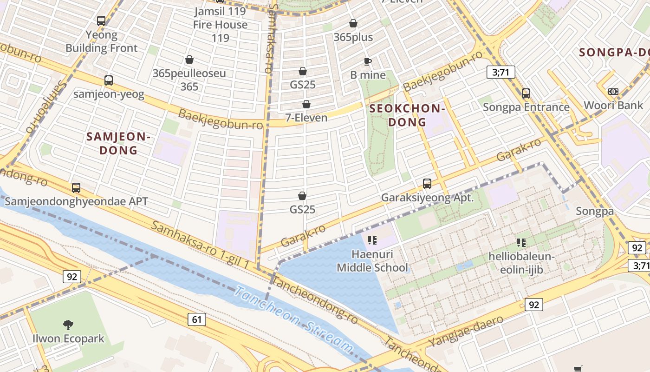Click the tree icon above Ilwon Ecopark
pos(68,325)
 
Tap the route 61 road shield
pos(197,319)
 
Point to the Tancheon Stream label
pos(293,320)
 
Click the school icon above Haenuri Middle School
pos(372,240)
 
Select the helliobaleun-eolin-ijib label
pos(521,263)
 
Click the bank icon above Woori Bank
pos(613,92)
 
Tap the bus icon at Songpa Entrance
pos(526,93)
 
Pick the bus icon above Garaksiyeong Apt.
pos(427,184)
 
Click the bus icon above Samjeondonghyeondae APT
pos(76,188)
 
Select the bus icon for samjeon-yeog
pos(109,80)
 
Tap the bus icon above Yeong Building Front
pos(101,21)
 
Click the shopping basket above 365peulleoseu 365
pos(189,60)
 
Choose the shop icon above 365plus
pos(353,23)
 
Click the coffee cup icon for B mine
pos(368,61)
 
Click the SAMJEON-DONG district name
pos(118,143)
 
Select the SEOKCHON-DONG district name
pos(407,115)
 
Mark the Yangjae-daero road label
pos(465,332)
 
